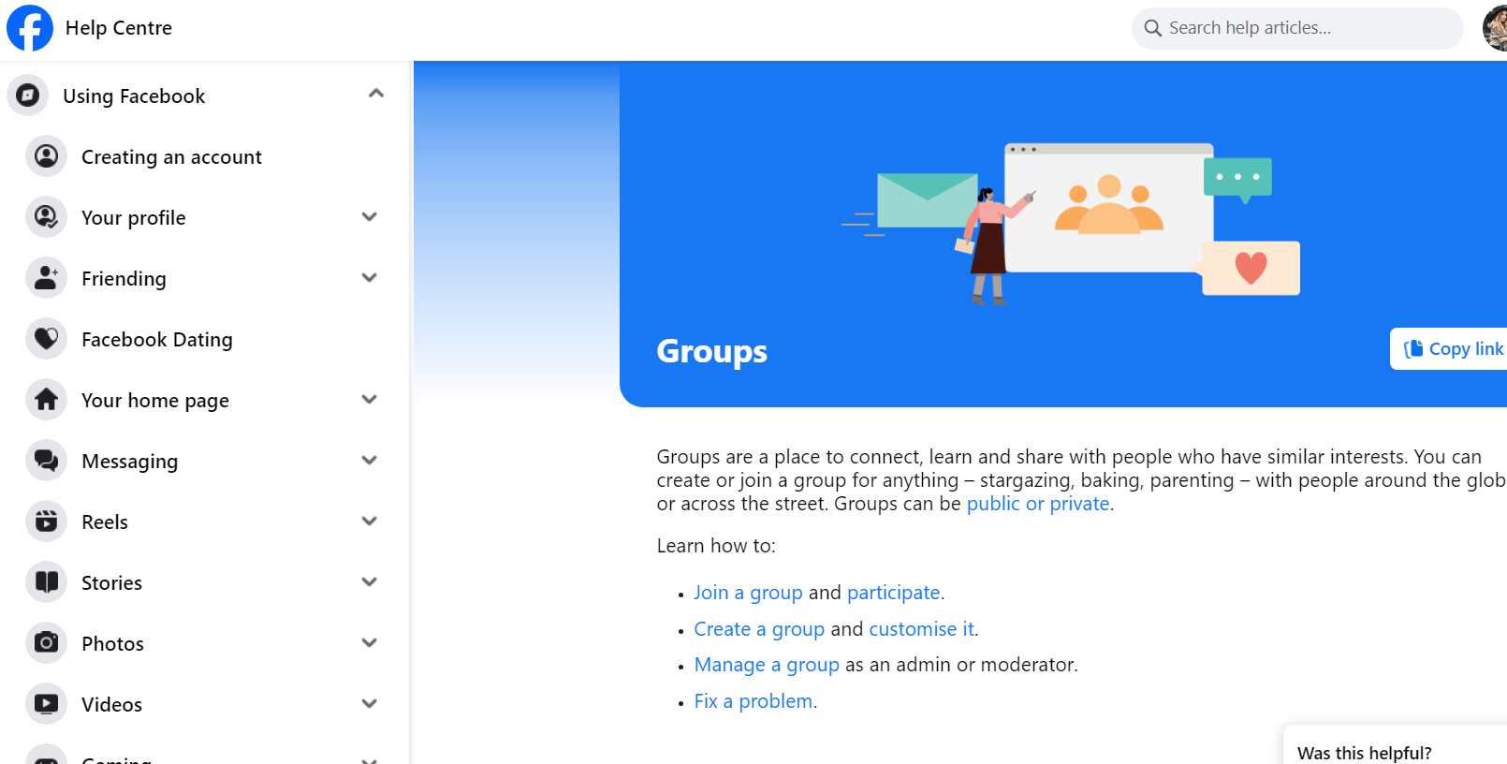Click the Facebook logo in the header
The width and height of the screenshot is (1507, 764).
[x=30, y=28]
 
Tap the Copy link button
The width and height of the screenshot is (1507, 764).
[x=1453, y=349]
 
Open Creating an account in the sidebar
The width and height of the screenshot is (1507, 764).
[x=171, y=157]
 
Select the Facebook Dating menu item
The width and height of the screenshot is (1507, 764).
[x=156, y=340]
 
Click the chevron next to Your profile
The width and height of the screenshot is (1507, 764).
[x=370, y=217]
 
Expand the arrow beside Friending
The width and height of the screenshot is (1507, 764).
[x=370, y=278]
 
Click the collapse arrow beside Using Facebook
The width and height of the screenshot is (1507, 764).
[x=376, y=94]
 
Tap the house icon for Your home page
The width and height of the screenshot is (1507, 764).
[x=46, y=400]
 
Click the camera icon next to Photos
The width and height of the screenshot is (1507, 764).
[x=46, y=643]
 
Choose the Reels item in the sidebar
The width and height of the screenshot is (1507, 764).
[x=105, y=522]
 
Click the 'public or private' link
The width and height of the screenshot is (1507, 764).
[x=1037, y=504]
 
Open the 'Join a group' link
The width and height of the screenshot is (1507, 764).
[x=748, y=593]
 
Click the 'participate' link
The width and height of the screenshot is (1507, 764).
[x=893, y=593]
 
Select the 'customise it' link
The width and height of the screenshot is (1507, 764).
[x=921, y=629]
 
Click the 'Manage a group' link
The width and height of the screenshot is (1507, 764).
[x=767, y=665]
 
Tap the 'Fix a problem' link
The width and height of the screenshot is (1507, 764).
[x=753, y=701]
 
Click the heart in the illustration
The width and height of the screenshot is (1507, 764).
[x=1251, y=268]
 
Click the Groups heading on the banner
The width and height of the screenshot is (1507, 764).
[x=711, y=351]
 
